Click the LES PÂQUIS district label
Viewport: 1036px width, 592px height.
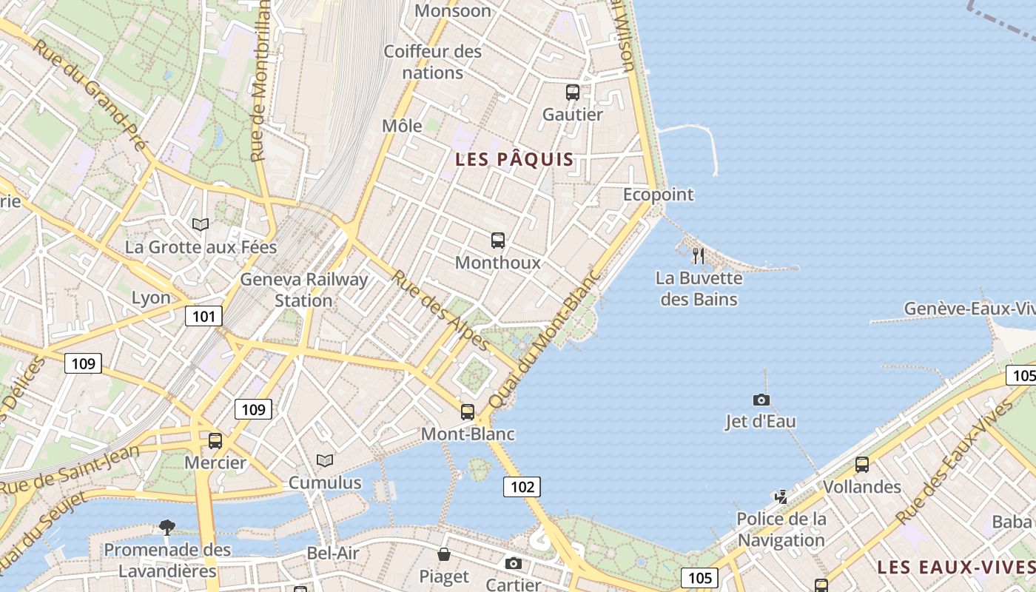(x=514, y=159)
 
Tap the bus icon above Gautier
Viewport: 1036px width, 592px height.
(x=573, y=92)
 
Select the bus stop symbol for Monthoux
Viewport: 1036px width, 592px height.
(x=498, y=240)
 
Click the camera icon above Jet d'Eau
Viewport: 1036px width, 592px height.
(x=761, y=400)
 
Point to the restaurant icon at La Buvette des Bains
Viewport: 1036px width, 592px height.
(x=699, y=256)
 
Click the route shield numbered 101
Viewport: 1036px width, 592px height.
(x=203, y=317)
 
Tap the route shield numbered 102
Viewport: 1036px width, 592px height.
(x=522, y=486)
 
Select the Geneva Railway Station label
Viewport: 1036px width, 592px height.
(x=303, y=290)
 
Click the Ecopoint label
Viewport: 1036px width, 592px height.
(x=658, y=195)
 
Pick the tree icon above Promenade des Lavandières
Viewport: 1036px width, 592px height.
(x=167, y=527)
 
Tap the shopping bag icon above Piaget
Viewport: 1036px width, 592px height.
(x=444, y=554)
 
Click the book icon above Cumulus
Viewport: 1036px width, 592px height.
(x=325, y=460)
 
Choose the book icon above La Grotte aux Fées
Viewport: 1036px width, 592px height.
(x=201, y=224)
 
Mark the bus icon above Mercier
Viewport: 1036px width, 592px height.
(x=215, y=441)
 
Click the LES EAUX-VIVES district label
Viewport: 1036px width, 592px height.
(x=955, y=568)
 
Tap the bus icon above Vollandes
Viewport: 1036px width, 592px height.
(x=862, y=465)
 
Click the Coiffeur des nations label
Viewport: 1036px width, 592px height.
(x=432, y=62)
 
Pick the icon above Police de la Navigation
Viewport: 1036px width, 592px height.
(x=781, y=497)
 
